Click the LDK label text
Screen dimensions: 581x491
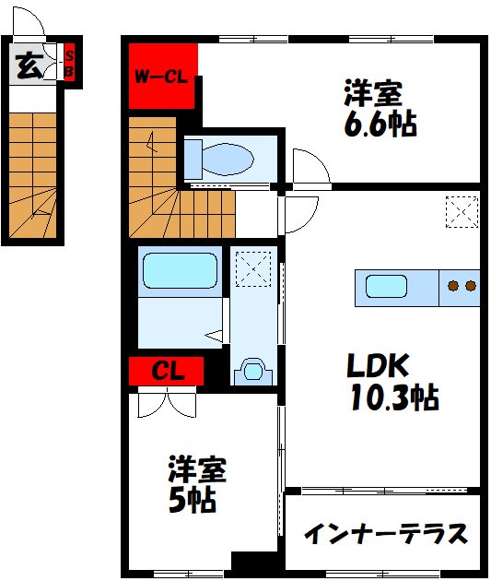coord(377,366)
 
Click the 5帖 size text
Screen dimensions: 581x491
coord(192,501)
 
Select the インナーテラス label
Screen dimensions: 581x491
coord(385,534)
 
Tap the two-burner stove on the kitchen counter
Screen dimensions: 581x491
coord(461,287)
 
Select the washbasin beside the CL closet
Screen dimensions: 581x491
coord(252,370)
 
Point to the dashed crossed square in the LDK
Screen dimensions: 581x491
coord(461,211)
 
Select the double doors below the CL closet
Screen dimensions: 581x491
coord(166,405)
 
